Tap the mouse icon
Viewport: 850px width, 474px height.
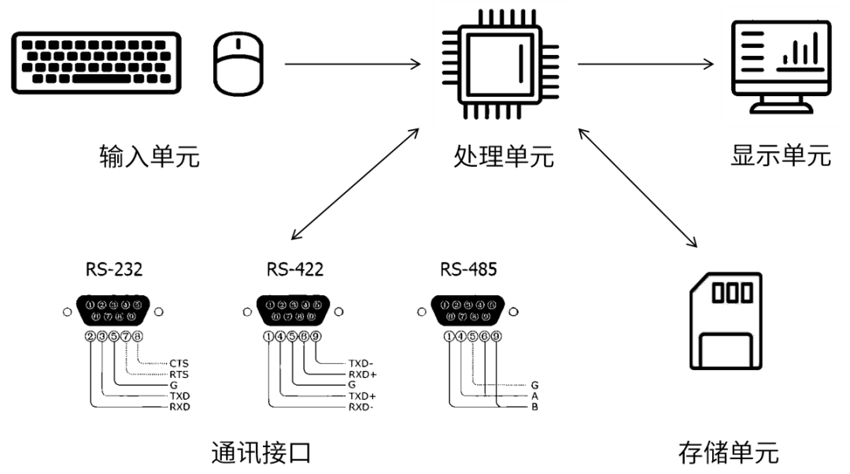click(239, 65)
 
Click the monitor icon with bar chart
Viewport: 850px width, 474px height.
click(780, 66)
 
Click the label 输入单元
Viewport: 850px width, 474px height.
click(150, 157)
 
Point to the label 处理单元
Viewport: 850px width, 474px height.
click(504, 157)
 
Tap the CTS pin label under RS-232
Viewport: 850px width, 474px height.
click(179, 363)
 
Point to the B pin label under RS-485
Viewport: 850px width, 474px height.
click(534, 407)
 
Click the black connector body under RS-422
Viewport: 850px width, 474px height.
click(294, 312)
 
